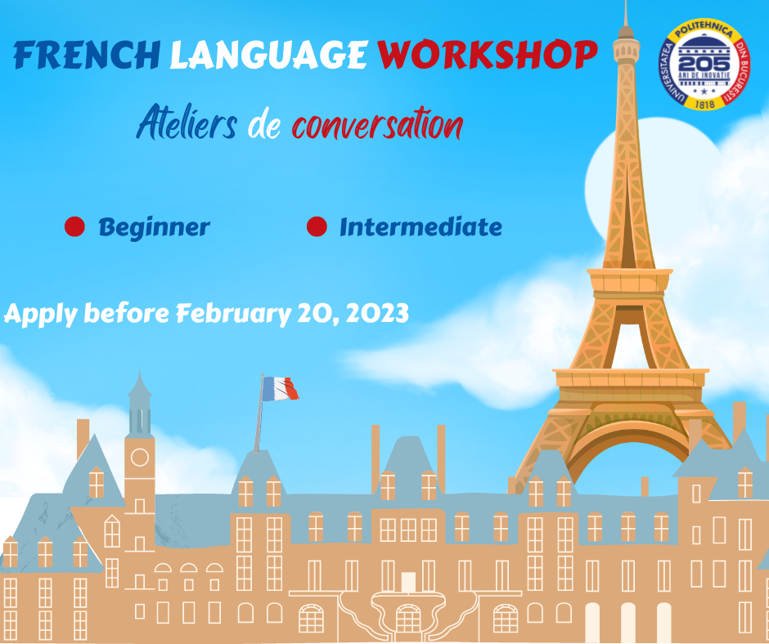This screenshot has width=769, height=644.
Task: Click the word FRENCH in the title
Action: (87, 55)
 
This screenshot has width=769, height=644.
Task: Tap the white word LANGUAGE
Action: (268, 55)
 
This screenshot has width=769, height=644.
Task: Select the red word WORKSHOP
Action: (488, 54)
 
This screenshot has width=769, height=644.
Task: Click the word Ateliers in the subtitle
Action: (187, 123)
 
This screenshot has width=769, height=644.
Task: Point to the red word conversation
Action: (378, 124)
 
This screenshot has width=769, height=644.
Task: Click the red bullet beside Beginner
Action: (74, 226)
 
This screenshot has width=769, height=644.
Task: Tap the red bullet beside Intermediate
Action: (317, 226)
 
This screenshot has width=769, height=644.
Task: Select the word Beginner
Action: (155, 228)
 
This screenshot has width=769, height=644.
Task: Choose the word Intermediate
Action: (420, 227)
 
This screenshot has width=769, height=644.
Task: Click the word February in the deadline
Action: (234, 314)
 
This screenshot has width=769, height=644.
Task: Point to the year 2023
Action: (377, 313)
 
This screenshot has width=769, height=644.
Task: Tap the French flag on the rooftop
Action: (280, 389)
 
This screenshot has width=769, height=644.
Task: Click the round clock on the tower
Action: (140, 458)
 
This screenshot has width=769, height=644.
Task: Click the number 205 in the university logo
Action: (704, 64)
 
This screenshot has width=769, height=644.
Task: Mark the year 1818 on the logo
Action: (704, 104)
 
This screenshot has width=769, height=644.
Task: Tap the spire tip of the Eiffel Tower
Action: (625, 2)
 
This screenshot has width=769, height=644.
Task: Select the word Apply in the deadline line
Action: (40, 315)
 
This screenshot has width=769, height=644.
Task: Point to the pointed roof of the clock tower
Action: (140, 387)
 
